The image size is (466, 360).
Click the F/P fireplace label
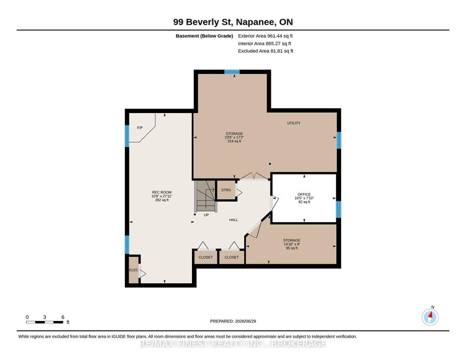click(140, 128)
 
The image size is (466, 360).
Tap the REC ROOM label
click(162, 192)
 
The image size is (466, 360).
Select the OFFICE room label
click(304, 194)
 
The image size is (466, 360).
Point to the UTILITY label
click(294, 123)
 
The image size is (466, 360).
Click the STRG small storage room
click(226, 190)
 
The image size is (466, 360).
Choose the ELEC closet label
click(134, 270)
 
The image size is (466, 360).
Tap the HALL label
click(233, 220)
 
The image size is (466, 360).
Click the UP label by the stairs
click(206, 215)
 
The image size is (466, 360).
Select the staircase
click(205, 196)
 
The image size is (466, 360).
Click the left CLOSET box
click(206, 257)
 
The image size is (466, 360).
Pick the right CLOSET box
click(232, 257)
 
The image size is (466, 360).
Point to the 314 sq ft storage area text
click(234, 142)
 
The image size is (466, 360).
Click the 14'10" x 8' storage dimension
click(291, 245)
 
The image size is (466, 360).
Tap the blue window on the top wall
click(232, 72)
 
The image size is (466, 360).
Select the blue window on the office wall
click(338, 209)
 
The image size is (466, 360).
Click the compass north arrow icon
click(430, 317)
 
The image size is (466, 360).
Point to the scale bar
click(45, 322)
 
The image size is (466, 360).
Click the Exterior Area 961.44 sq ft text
click(265, 36)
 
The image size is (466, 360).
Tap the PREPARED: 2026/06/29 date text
click(233, 321)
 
